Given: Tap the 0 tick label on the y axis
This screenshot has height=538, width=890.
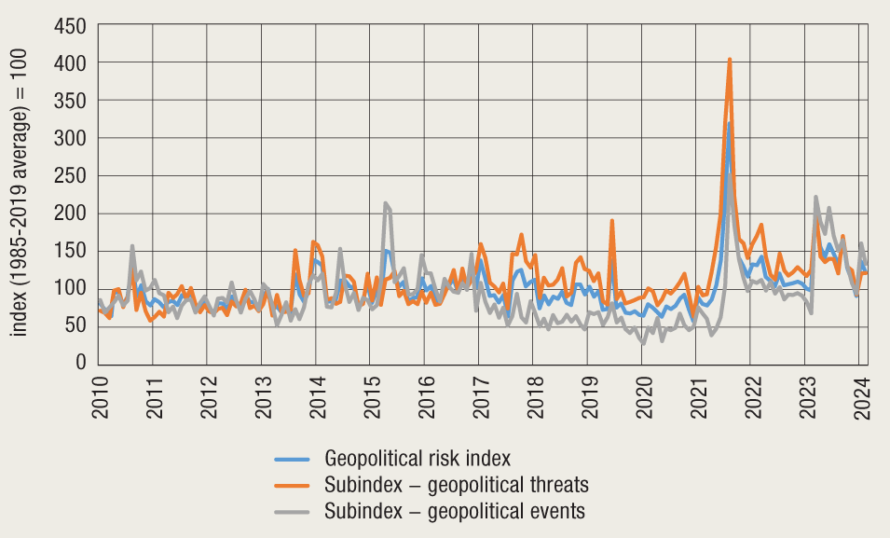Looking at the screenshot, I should [x=81, y=363].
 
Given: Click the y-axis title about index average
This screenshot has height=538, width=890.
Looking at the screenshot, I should [x=21, y=193].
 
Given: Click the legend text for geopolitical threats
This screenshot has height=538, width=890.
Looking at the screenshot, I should [x=457, y=485].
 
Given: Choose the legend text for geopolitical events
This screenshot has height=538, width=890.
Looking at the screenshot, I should [x=454, y=511].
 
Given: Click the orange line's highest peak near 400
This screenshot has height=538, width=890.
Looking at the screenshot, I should [x=730, y=60].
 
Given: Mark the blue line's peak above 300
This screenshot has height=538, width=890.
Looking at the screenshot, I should [x=729, y=123].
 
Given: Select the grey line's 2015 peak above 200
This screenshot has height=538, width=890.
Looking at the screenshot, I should [x=385, y=202].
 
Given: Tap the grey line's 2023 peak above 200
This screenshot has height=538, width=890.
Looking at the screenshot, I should [x=815, y=197].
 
